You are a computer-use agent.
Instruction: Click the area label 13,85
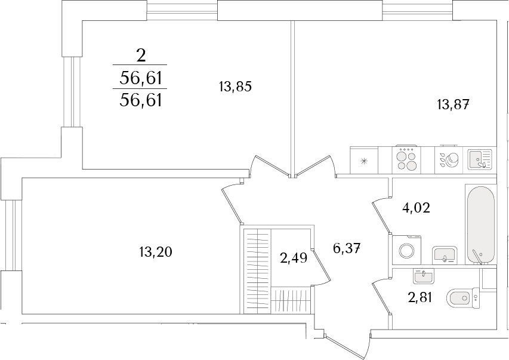tap(235, 87)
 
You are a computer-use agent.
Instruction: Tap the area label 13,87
tap(453, 105)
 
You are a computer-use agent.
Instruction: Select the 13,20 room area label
tap(156, 252)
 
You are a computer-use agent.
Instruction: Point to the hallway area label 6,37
tap(347, 249)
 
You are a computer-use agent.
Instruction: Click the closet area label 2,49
tap(294, 259)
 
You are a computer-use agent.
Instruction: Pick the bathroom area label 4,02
tap(416, 207)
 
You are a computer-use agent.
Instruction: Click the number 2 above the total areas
tap(141, 56)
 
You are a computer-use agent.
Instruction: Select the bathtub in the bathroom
tap(481, 225)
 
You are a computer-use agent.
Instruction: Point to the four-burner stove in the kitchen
tap(406, 160)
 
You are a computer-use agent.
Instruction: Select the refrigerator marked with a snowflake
tap(364, 160)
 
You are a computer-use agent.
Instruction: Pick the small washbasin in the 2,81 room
tap(423, 276)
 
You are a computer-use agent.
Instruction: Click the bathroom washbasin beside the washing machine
tap(445, 255)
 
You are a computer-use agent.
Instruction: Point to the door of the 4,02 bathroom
tap(381, 216)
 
